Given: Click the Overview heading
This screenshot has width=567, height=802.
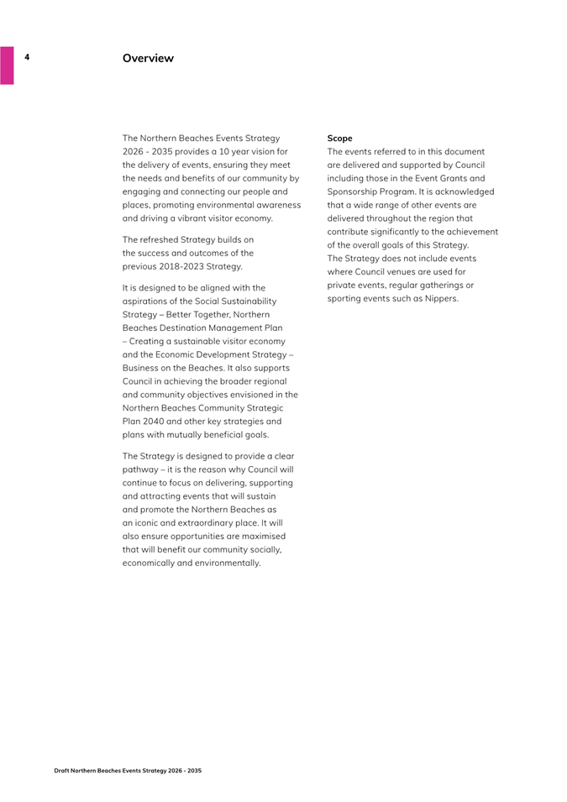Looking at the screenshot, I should pos(148,58).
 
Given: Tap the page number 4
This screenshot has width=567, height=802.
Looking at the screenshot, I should pos(27,57).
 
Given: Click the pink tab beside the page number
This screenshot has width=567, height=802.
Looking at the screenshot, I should pos(7,65).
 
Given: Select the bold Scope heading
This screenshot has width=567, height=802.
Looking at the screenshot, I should pos(339,138).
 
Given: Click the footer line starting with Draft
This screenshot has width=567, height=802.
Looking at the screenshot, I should pos(128,770).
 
